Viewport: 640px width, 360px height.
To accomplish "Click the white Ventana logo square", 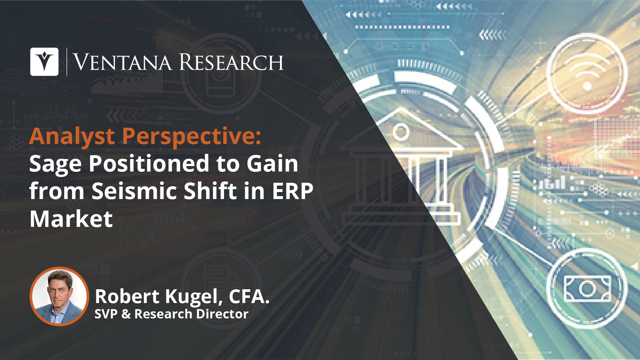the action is click(x=44, y=62).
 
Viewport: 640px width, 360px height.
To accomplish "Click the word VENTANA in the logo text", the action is click(x=123, y=62).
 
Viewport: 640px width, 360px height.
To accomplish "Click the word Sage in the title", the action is click(x=55, y=164).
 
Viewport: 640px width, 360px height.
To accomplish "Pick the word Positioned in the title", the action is click(x=148, y=164).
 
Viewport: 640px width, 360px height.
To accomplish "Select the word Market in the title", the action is click(x=71, y=219).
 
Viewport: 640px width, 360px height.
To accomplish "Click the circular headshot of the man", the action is click(x=59, y=296).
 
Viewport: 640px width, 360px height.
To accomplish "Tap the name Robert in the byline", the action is click(x=127, y=296).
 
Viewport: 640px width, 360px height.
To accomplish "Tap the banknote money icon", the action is click(x=588, y=289).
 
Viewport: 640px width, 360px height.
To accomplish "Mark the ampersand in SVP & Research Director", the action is click(x=126, y=314).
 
